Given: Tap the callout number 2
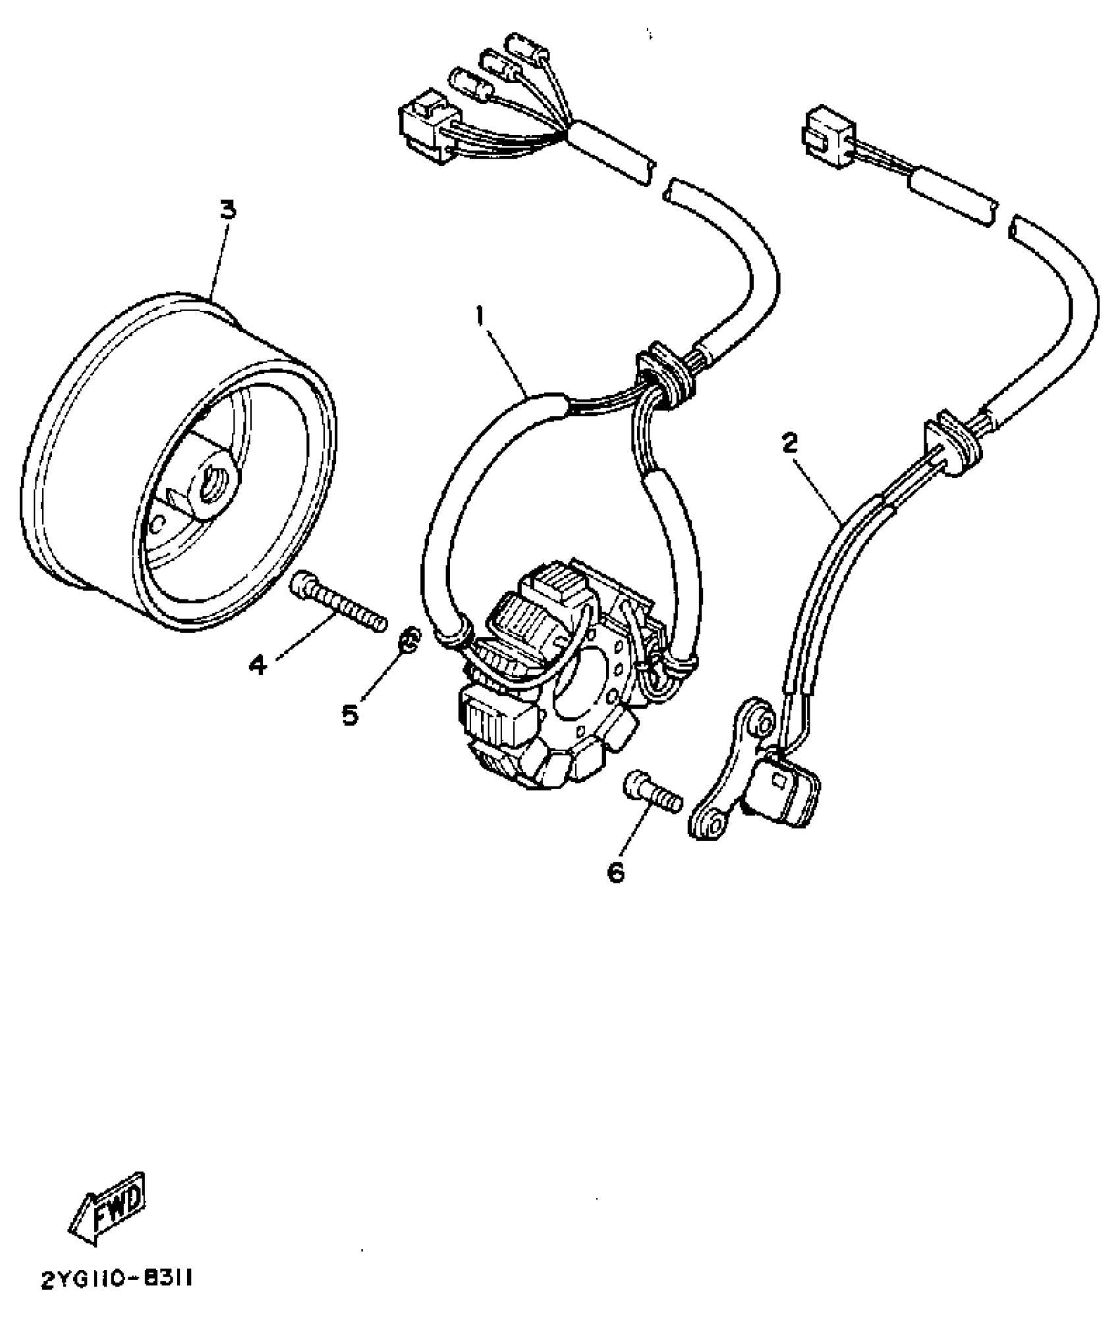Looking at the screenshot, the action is (791, 443).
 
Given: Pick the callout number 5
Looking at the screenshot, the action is (350, 714).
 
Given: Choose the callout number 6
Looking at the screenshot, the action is (615, 872).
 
